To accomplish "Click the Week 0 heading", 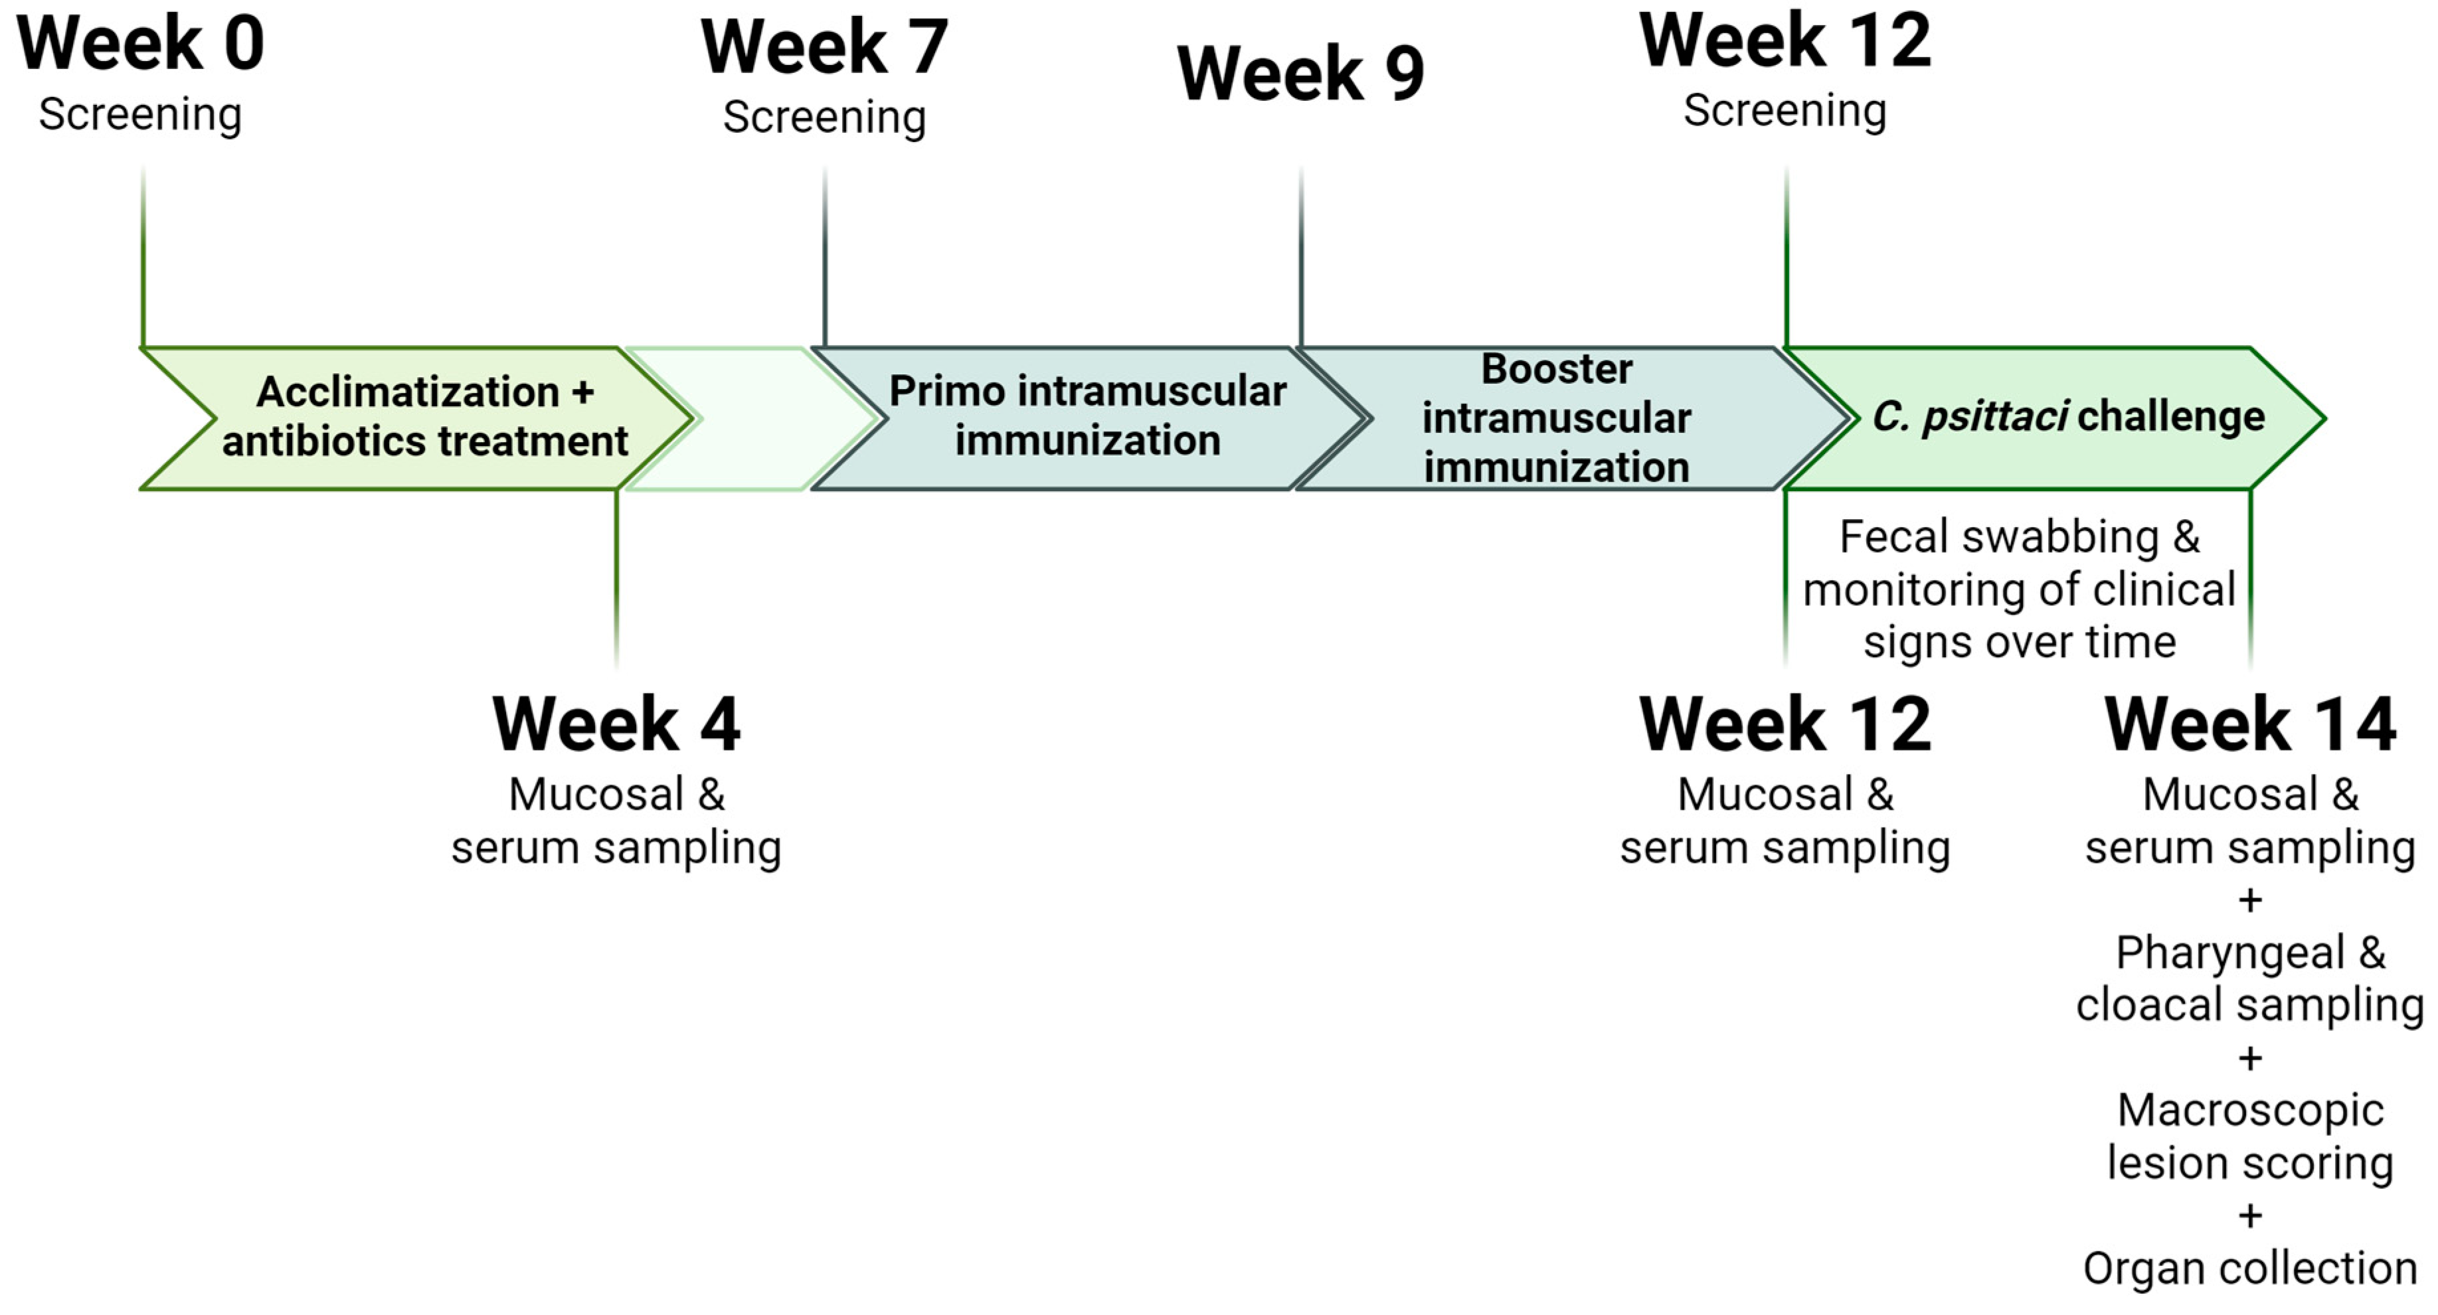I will tap(140, 44).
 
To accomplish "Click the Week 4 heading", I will tap(616, 725).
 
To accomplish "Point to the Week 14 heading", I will tap(2249, 725).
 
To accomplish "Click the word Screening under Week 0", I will tap(140, 114).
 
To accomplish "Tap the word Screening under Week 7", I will tap(824, 118).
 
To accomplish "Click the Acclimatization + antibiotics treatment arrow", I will tap(416, 418).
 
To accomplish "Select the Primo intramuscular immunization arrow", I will tap(1087, 418).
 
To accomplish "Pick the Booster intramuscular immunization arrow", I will tap(1556, 418).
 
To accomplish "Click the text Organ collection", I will tap(2249, 1269).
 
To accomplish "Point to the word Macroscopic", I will tap(2249, 1111).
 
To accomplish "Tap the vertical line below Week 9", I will tap(1301, 256).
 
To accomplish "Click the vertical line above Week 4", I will tap(616, 577).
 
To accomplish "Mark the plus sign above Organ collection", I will tap(2249, 1215).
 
